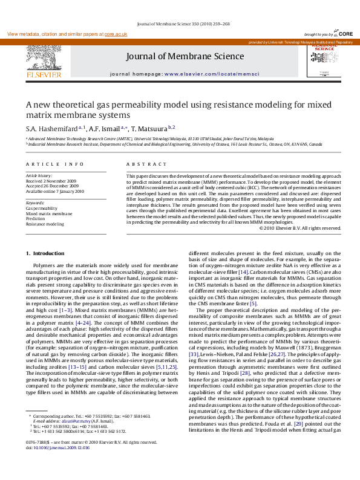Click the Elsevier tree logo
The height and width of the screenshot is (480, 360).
[43, 60]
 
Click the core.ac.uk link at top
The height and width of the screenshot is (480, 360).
[116, 34]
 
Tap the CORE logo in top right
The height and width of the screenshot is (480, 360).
[345, 34]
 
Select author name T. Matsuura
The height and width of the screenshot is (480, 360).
[151, 128]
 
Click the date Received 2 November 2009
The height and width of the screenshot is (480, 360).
[55, 180]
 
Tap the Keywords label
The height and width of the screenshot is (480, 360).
[35, 203]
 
